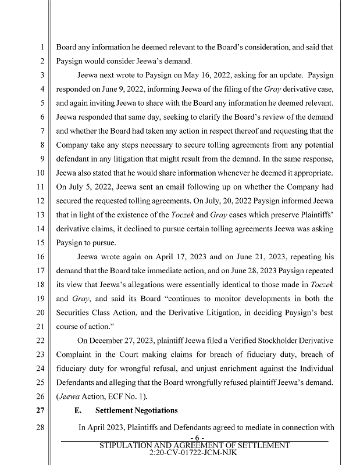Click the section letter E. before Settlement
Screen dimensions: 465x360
tap(81, 410)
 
